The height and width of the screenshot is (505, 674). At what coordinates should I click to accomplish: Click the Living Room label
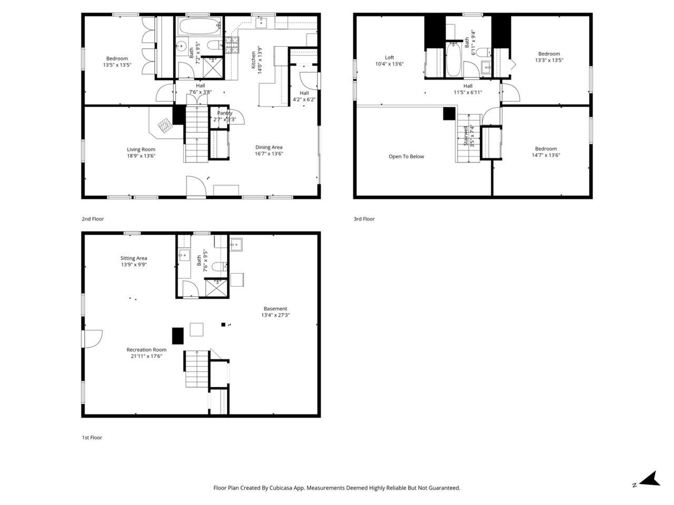tap(141, 149)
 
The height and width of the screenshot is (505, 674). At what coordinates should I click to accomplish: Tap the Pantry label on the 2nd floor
tap(224, 113)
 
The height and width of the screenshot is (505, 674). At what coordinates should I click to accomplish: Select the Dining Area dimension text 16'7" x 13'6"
tap(269, 154)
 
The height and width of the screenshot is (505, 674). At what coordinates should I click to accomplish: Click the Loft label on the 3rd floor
tap(389, 57)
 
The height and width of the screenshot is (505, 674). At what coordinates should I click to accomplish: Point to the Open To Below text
tap(406, 156)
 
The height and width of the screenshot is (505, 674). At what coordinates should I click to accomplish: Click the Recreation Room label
tap(146, 350)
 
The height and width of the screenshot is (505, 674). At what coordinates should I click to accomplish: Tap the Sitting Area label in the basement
tap(134, 258)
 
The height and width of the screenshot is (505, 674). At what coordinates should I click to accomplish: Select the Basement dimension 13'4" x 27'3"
tap(275, 315)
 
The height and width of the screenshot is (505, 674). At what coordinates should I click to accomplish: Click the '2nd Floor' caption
tap(93, 219)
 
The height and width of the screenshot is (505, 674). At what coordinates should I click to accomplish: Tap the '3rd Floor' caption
tap(364, 219)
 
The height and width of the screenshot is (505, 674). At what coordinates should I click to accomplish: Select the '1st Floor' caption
tap(92, 438)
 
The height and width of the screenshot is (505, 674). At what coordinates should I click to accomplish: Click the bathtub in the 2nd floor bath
tap(199, 26)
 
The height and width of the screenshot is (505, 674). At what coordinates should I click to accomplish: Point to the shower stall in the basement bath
tap(215, 288)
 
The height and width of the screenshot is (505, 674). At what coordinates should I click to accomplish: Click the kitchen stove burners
tap(232, 46)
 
